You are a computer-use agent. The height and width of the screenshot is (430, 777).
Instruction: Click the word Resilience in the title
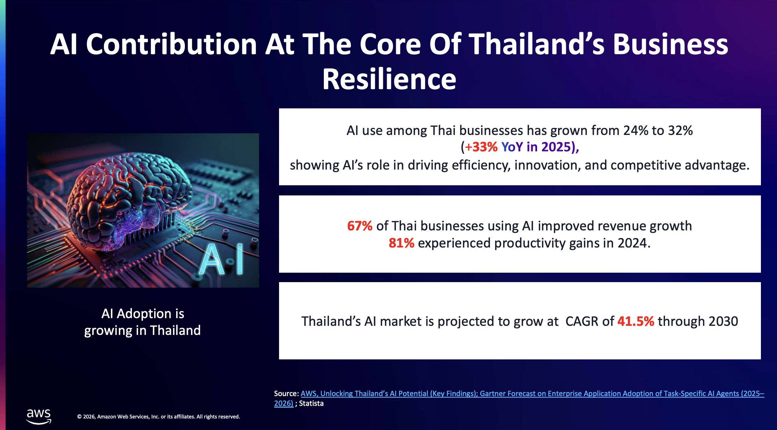(x=389, y=79)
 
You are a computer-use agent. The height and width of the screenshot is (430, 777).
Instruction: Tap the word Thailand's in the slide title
(x=537, y=44)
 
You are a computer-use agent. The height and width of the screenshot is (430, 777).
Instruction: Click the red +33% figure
(x=481, y=147)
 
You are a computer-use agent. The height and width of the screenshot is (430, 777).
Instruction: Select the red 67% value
(x=359, y=226)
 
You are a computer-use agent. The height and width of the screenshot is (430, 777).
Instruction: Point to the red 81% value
(x=401, y=243)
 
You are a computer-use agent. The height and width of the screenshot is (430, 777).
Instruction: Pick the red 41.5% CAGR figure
(x=636, y=321)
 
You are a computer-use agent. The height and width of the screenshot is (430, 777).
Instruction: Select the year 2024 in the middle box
(x=634, y=243)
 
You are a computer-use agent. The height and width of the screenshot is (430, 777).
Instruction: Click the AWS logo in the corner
(x=39, y=416)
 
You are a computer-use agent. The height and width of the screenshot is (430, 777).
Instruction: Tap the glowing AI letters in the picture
(x=221, y=259)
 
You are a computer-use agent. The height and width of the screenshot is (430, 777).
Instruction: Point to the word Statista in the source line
(x=311, y=403)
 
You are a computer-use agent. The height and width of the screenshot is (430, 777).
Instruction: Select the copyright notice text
(x=158, y=417)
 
